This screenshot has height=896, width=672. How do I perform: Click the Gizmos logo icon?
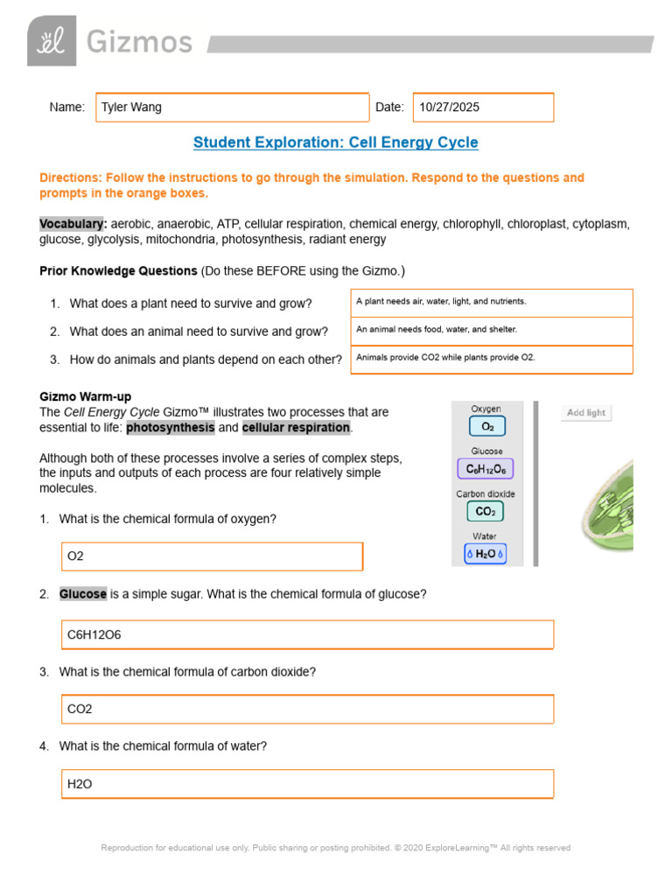[x=52, y=41]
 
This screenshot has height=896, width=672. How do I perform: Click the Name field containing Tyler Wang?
[x=232, y=108]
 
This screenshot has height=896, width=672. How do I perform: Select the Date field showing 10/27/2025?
[x=482, y=108]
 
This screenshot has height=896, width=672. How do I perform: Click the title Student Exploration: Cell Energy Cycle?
[x=335, y=143]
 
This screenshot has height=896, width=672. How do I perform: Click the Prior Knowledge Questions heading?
[x=118, y=270]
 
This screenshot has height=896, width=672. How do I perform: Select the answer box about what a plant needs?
[x=491, y=302]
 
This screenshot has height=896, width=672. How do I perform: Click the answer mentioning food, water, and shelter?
[x=491, y=330]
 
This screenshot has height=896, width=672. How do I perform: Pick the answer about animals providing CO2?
[x=491, y=358]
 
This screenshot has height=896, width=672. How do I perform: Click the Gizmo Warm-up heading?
[x=85, y=396]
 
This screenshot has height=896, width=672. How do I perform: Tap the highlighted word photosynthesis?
[x=170, y=427]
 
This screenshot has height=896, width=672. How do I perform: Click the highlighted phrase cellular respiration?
[x=296, y=427]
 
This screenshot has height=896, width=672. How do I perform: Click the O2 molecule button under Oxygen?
[x=487, y=427]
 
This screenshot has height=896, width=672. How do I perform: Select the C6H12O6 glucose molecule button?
[x=485, y=469]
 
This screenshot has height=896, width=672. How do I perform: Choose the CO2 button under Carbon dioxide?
[x=486, y=511]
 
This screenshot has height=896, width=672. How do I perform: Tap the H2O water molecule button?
[x=485, y=554]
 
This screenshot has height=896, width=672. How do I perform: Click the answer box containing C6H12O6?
[x=310, y=635]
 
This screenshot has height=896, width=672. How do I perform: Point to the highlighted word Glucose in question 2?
[x=83, y=594]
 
